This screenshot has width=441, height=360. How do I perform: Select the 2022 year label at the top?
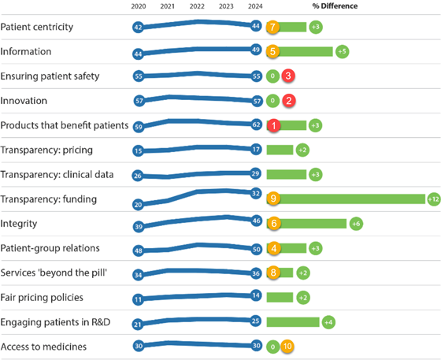(197, 6)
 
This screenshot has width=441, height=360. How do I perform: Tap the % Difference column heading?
(335, 6)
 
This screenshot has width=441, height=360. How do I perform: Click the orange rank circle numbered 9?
(272, 199)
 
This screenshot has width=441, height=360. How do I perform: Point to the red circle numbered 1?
(272, 125)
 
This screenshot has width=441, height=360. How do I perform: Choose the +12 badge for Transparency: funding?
(433, 199)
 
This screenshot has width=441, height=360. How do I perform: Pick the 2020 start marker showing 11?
(139, 299)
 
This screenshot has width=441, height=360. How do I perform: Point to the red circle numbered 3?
(288, 76)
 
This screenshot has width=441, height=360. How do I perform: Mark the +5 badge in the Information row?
(341, 51)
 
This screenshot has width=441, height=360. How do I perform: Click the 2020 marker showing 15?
(139, 150)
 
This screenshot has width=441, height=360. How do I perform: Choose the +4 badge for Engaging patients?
(328, 322)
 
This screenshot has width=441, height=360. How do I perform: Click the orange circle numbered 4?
(272, 249)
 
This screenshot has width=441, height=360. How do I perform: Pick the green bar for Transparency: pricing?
(280, 150)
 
